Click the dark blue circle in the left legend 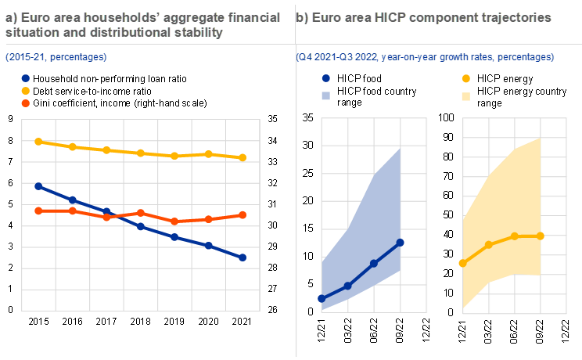pos(26,78)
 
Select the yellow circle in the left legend pos(26,91)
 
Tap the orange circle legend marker pos(26,103)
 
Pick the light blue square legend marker pos(326,96)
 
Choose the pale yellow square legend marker pos(466,96)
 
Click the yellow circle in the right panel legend pos(466,78)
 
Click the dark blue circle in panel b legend pos(326,78)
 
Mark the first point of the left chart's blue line pos(38,186)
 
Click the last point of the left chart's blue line pos(243,257)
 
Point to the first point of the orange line pos(38,211)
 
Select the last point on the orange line pos(243,214)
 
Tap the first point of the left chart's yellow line pos(38,142)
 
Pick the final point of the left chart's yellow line pos(243,157)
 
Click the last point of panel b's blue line pos(401,243)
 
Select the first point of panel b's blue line pos(322,298)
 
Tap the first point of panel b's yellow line pos(462,263)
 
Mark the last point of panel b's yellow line pos(541,236)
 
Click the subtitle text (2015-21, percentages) pos(56,57)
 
